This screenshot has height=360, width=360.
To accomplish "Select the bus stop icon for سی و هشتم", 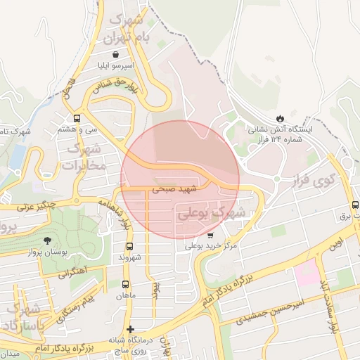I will (77, 118).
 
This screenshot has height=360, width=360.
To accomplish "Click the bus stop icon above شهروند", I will (129, 246).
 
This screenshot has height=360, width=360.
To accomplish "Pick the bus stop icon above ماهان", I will (125, 285).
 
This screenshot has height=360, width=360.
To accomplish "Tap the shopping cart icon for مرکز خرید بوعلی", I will (211, 235).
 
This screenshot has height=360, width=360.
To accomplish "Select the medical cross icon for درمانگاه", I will (129, 329).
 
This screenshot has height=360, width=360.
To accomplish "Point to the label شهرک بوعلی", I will (210, 211).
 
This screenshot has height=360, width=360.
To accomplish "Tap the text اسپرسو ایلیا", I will (115, 67).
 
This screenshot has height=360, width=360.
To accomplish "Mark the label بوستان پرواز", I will (47, 252).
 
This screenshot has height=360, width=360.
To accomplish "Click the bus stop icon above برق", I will (355, 205).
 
